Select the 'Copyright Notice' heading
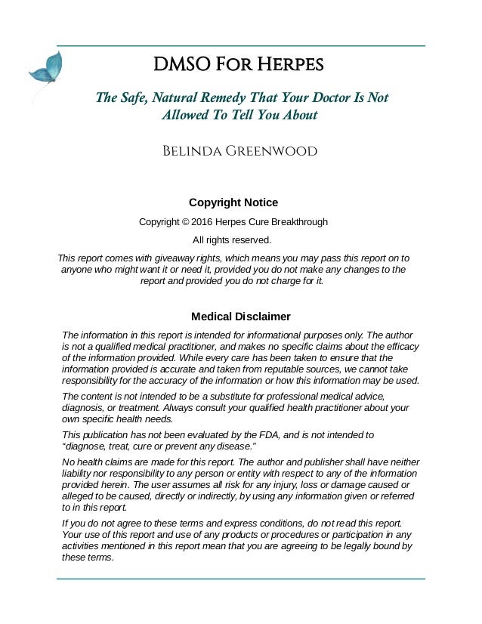[233, 202]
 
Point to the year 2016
[202, 222]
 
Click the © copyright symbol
[184, 222]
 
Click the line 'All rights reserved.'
[232, 240]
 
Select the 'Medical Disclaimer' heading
[240, 317]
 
